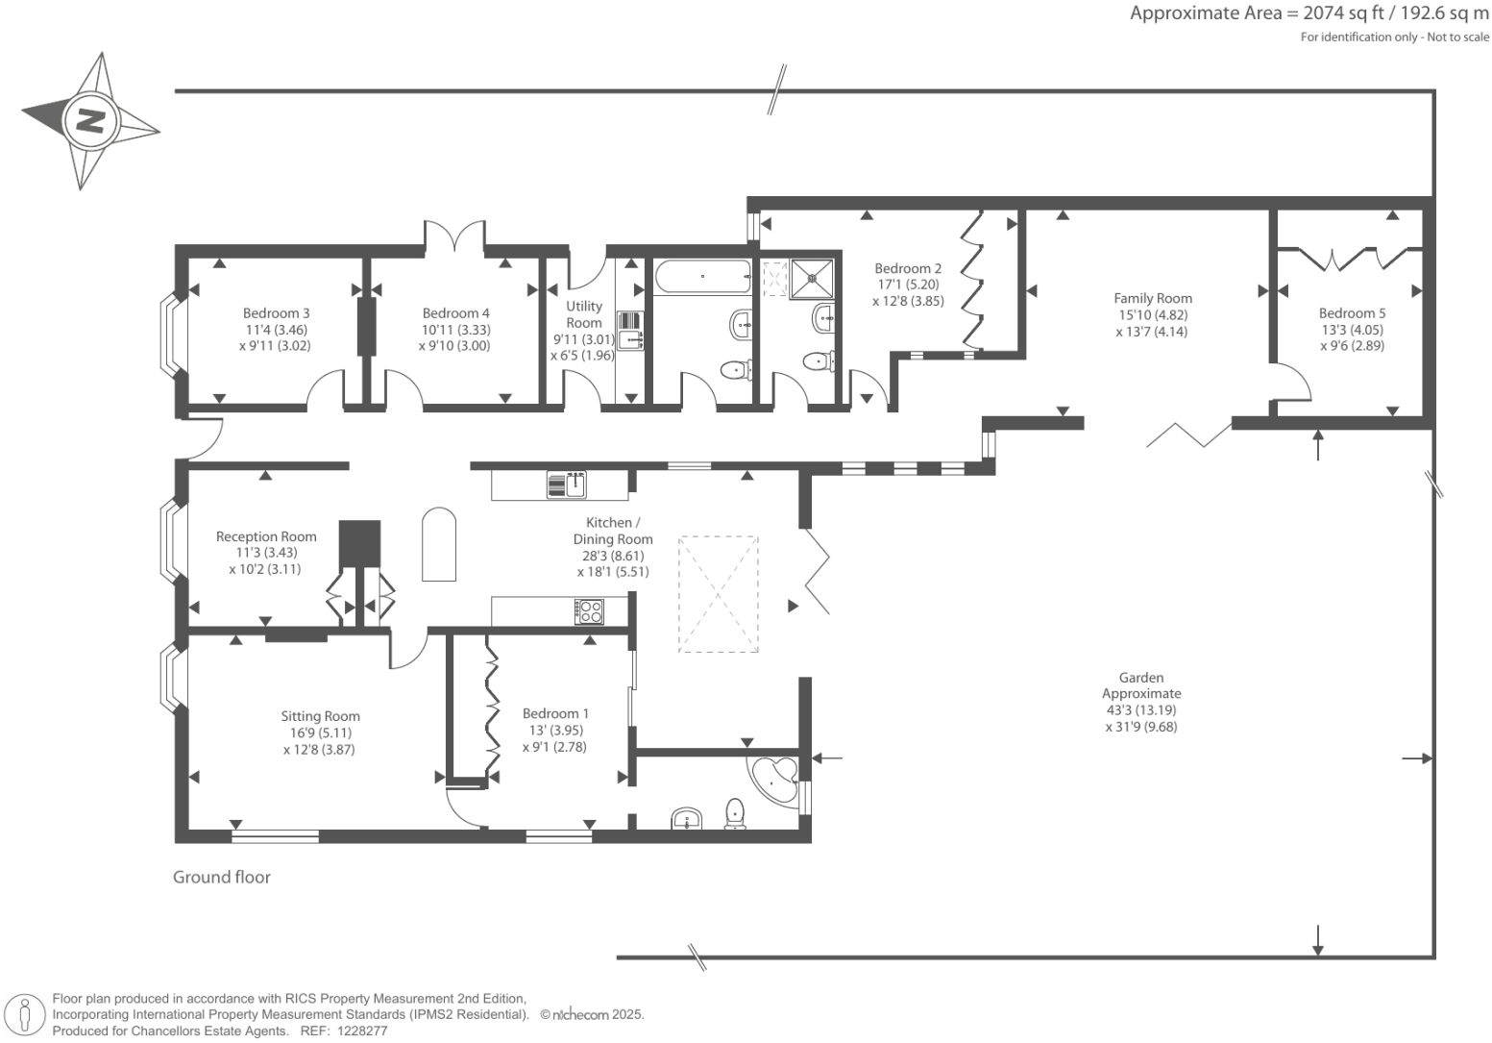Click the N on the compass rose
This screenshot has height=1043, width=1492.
click(x=90, y=121)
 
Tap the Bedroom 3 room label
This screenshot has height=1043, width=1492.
click(x=276, y=313)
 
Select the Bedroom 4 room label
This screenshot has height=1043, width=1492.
click(x=455, y=313)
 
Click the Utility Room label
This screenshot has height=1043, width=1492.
click(x=584, y=314)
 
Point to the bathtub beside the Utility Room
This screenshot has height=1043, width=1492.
click(x=702, y=277)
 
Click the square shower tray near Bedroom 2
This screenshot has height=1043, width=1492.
click(x=812, y=279)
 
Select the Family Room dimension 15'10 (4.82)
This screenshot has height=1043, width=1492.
click(x=1152, y=314)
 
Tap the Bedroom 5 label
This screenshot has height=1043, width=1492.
click(x=1352, y=313)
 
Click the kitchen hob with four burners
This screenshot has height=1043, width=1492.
click(x=590, y=611)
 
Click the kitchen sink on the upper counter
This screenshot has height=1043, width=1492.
click(x=566, y=484)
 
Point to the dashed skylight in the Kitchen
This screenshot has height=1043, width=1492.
click(x=718, y=594)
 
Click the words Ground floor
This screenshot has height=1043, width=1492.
click(x=222, y=877)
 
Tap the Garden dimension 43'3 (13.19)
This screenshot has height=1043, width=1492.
click(x=1141, y=709)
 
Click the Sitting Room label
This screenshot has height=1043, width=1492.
click(x=320, y=716)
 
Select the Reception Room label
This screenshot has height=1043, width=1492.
click(x=266, y=536)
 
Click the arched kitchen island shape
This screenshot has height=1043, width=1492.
click(x=439, y=544)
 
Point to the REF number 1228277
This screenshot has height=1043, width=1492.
click(x=362, y=1031)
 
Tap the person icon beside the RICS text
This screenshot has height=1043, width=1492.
click(x=25, y=1016)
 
